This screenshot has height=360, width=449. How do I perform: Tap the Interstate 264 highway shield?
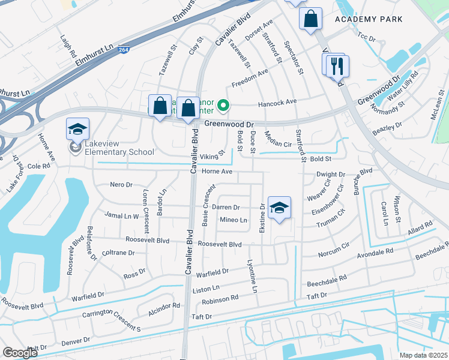123,50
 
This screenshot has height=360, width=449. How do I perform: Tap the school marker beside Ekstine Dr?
279,208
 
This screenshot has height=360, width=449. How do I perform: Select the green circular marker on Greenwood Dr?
223,107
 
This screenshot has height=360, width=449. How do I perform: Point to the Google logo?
20,353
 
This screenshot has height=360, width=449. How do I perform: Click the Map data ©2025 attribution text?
423,355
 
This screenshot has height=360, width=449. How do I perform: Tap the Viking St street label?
213,154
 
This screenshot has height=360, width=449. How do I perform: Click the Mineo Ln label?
233,220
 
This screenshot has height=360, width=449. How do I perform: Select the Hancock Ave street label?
277,103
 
